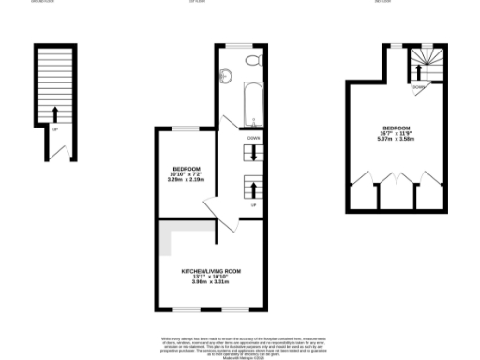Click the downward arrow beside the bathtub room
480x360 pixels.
click(x=254, y=150)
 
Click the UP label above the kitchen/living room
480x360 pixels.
click(x=254, y=203)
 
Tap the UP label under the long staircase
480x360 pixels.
click(x=55, y=129)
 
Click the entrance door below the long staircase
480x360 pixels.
click(x=58, y=150)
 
